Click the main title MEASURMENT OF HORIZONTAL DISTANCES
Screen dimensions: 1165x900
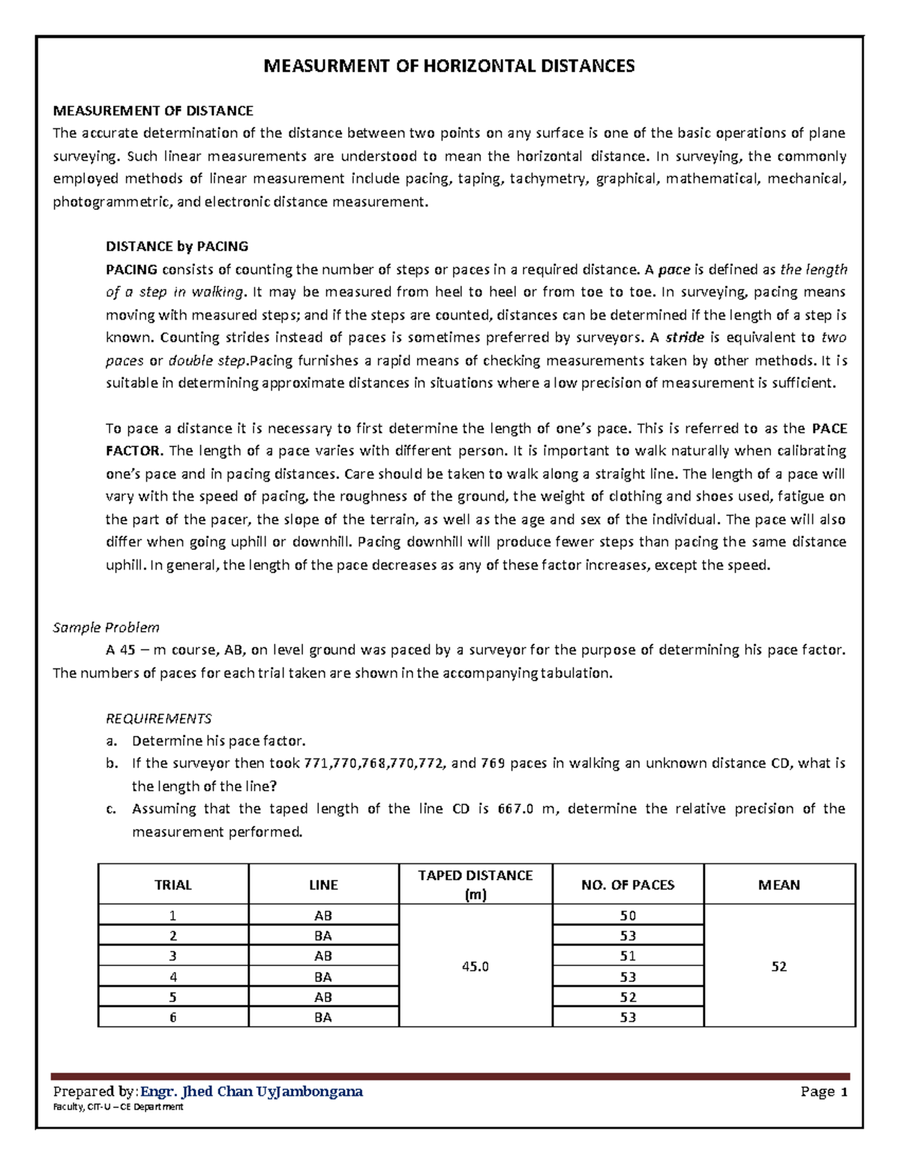pos(448,66)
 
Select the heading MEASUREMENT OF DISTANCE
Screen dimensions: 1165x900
pos(153,111)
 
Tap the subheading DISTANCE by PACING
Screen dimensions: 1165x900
pos(177,246)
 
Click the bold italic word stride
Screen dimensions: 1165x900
pos(685,338)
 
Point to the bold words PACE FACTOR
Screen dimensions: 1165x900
pos(829,429)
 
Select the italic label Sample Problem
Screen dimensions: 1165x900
pos(106,627)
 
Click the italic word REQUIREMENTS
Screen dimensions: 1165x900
pos(159,718)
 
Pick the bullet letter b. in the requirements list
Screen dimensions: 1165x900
pos(112,764)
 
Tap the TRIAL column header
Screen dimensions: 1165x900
pos(173,885)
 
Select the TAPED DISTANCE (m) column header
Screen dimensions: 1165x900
pos(475,884)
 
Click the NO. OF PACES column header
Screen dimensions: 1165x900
pos(628,885)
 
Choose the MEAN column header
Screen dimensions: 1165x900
pos(779,885)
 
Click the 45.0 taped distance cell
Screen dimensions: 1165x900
pos(475,966)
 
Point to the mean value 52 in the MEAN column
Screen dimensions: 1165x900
pos(779,966)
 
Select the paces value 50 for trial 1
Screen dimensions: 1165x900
pos(628,915)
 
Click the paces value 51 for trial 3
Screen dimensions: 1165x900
pos(628,956)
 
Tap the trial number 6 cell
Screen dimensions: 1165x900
pos(173,1018)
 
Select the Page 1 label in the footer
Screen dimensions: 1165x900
pos(823,1091)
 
